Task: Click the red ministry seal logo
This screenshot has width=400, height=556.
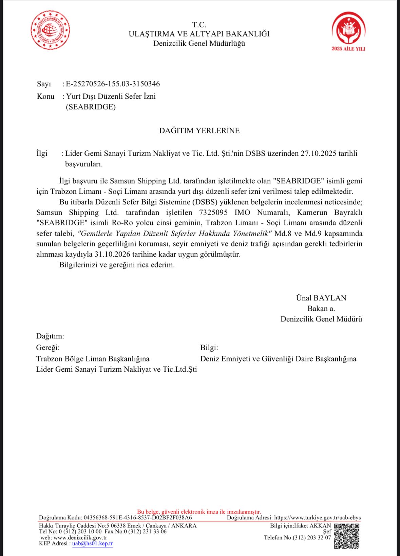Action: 50,30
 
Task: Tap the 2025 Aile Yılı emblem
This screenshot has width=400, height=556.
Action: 348,31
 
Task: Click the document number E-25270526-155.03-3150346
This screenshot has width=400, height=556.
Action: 113,84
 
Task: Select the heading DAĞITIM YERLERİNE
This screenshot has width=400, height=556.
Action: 199,131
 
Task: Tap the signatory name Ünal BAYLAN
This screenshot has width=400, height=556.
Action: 321,298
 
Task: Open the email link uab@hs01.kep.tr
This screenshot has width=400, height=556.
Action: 92,543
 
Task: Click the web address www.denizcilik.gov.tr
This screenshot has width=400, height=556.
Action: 80,538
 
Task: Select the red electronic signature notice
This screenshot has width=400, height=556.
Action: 199,512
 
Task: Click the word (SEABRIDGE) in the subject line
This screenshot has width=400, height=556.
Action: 91,107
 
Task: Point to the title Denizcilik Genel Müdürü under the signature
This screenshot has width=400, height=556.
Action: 321,319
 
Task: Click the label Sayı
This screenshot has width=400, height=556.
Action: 44,84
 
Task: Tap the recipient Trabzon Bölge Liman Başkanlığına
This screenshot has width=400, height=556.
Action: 93,359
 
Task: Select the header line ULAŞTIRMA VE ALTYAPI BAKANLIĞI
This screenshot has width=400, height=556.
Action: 199,34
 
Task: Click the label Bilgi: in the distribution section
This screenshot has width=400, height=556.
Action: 209,348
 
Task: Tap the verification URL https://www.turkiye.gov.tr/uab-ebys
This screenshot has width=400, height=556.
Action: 317,518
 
